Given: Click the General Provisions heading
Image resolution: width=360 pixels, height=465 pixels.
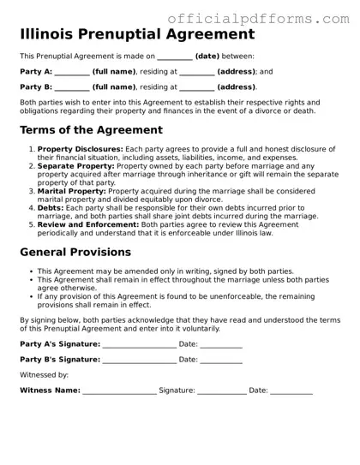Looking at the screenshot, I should [x=75, y=253].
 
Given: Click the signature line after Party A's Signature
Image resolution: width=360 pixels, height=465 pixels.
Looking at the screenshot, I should [x=139, y=345].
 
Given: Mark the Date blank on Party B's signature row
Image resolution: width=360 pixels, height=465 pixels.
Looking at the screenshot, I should [x=221, y=361].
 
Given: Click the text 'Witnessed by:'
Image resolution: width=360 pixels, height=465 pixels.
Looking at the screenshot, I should [x=44, y=375].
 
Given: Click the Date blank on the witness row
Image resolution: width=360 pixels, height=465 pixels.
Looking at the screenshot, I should [x=291, y=391].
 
